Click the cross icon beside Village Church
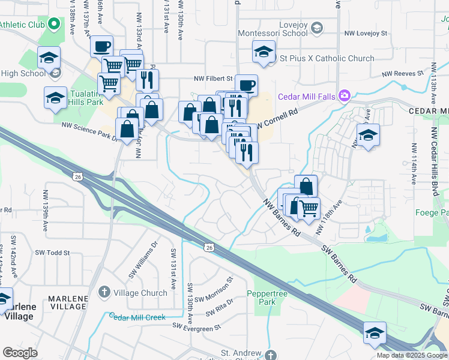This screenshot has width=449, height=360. [103, 293]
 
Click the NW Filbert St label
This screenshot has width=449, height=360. [212, 79]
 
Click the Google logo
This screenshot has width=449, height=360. [20, 353]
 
